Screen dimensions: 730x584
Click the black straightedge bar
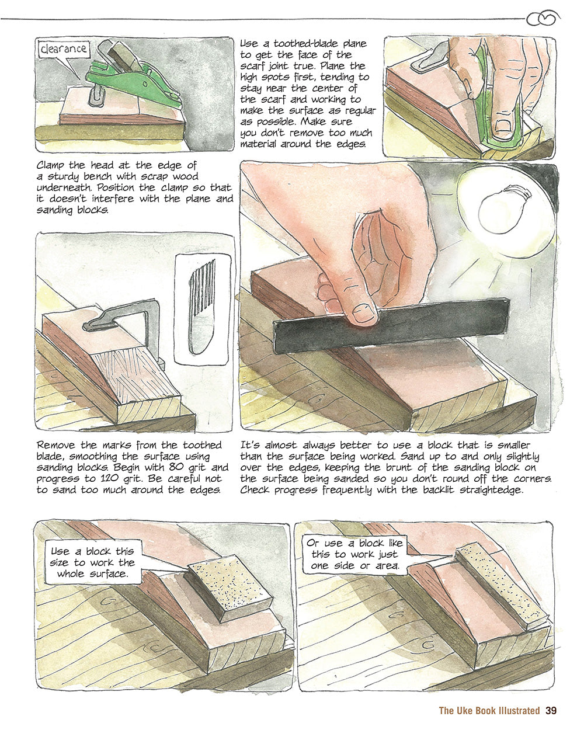tap(391, 325)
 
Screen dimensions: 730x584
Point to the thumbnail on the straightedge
tap(364, 313)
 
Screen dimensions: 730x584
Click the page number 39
tap(551, 711)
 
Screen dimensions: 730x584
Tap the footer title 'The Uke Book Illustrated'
tap(489, 711)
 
